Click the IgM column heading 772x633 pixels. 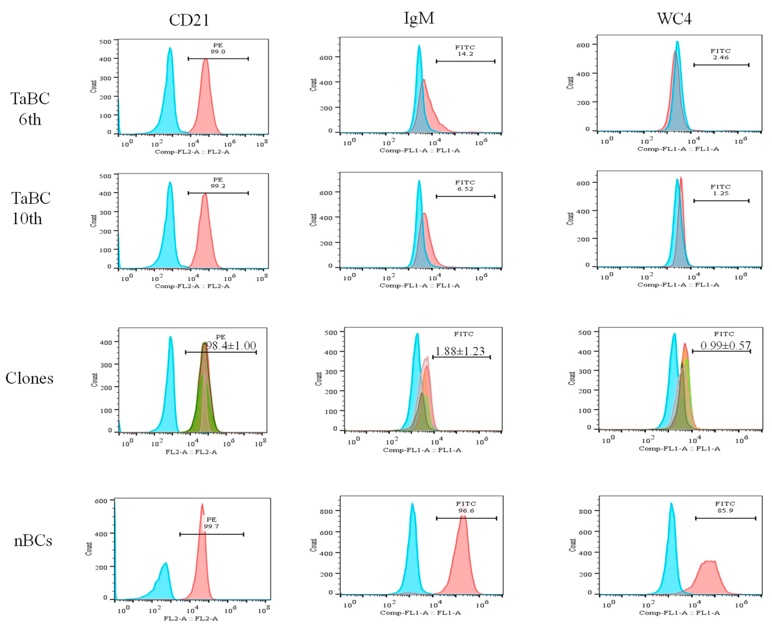tap(419, 18)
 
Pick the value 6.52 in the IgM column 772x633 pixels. tap(465, 189)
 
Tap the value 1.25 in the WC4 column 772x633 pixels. tap(721, 193)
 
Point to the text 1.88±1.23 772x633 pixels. tap(460, 351)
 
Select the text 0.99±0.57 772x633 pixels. tap(725, 345)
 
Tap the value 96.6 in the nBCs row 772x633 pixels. tap(466, 510)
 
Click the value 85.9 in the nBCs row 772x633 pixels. tap(725, 510)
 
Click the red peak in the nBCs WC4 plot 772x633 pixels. tap(708, 573)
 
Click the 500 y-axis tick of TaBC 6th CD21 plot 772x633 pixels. tap(105, 42)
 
